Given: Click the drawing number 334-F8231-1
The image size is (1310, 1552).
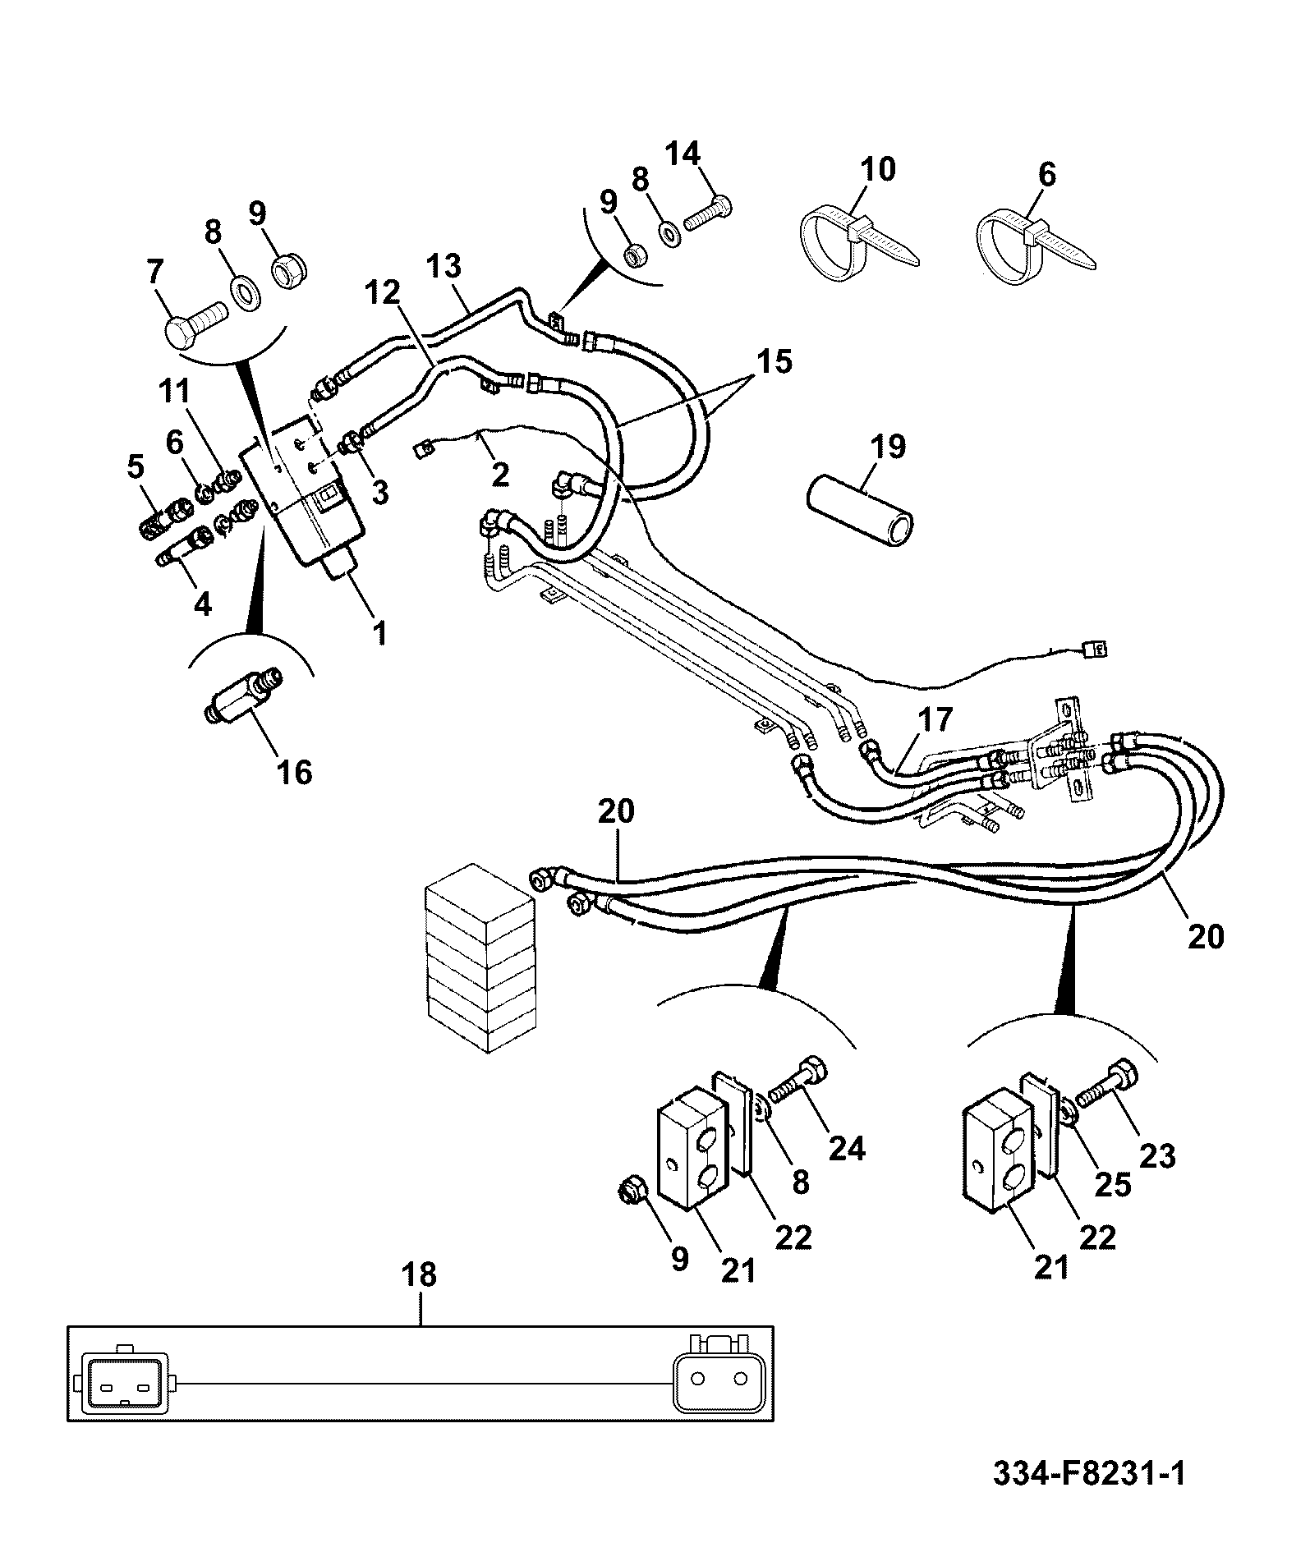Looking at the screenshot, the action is click(1089, 1473).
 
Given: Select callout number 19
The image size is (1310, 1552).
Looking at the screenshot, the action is click(888, 448).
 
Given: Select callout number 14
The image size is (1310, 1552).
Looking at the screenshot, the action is click(682, 154).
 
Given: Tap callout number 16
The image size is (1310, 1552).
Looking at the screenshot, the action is click(295, 772).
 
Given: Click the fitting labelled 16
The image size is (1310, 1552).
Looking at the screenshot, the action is click(243, 695).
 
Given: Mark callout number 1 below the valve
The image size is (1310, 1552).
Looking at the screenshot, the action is click(379, 633).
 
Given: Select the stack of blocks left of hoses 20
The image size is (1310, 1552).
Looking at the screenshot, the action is click(480, 957).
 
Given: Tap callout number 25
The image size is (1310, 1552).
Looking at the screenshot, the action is click(1113, 1186).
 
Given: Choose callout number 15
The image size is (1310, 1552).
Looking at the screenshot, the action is click(775, 361).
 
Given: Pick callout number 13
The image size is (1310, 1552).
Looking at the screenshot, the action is click(444, 268).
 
